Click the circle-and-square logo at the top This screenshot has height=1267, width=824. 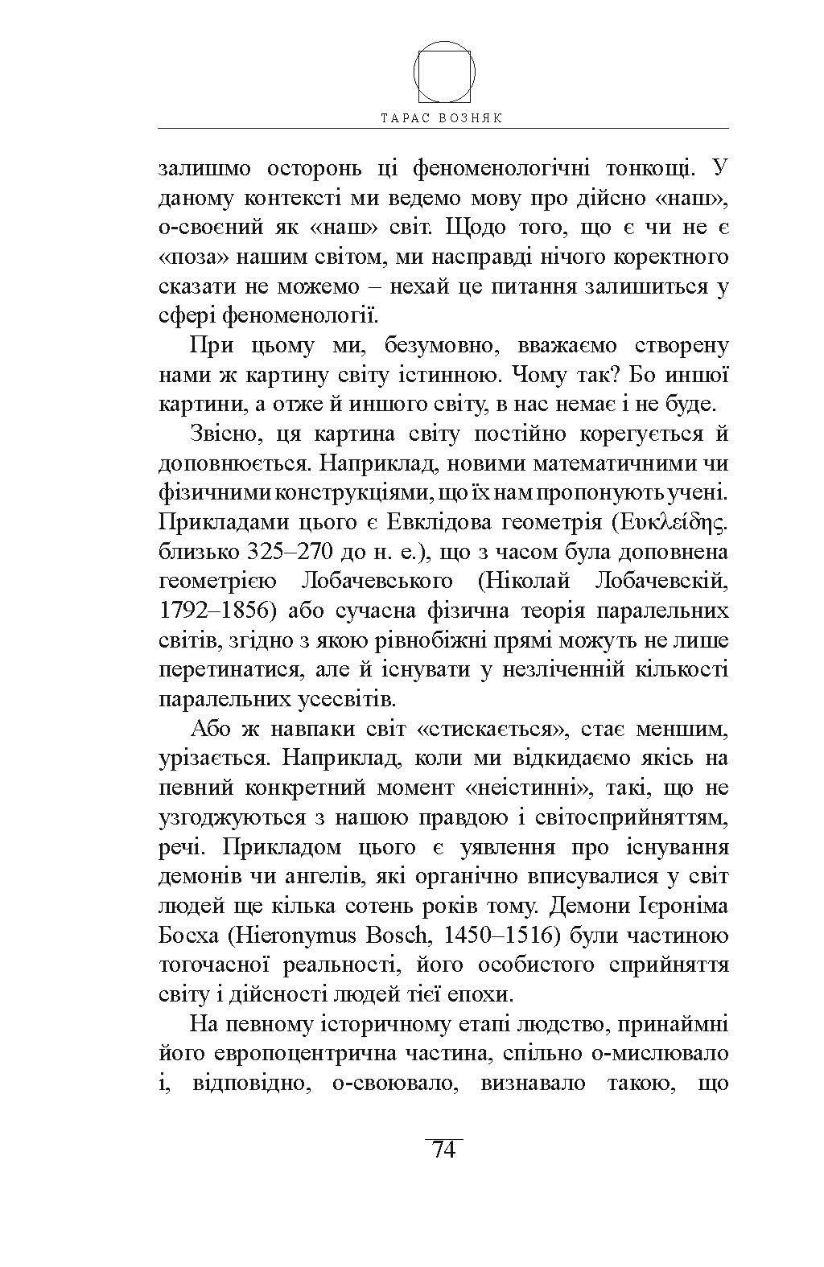(x=444, y=72)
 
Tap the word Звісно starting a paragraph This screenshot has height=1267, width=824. (x=222, y=434)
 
